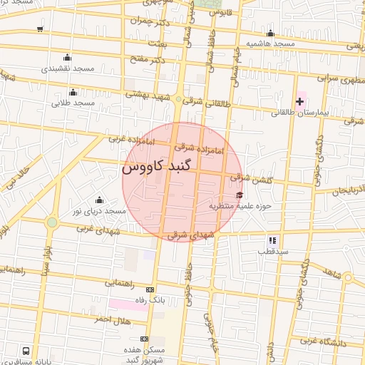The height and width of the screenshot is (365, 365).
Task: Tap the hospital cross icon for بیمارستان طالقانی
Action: pyautogui.click(x=299, y=101)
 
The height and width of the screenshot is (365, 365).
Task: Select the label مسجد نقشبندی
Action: pyautogui.click(x=68, y=69)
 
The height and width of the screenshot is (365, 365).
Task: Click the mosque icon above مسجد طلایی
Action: pyautogui.click(x=73, y=92)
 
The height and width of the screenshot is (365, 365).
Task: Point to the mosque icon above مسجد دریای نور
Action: pyautogui.click(x=99, y=200)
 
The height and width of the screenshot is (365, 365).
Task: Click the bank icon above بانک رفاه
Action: pyautogui.click(x=149, y=289)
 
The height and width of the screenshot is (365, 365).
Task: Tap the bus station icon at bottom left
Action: pyautogui.click(x=26, y=350)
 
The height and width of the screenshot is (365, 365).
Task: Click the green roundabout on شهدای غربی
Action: pyautogui.click(x=51, y=222)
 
